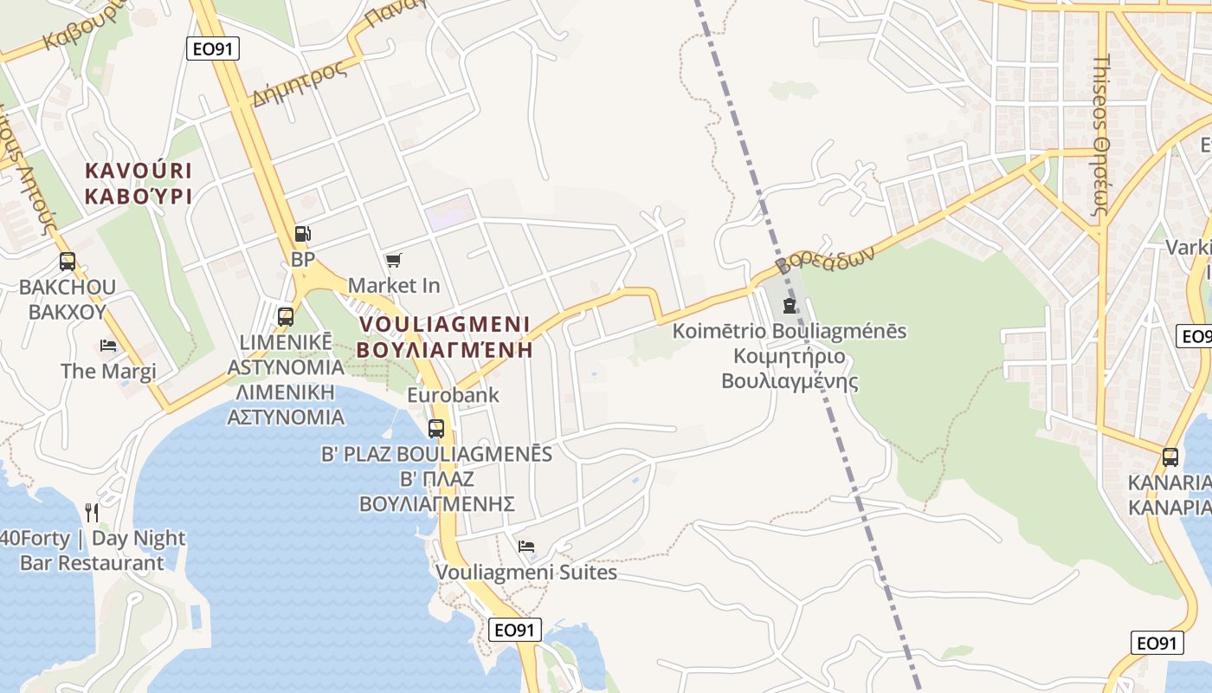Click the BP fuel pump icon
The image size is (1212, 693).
pos(302,233)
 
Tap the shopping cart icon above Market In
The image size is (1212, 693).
pos(394,260)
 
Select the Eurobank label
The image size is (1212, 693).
pos(454,395)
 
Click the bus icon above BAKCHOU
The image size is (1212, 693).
pos(67,261)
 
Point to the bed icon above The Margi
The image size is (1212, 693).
pos(108,345)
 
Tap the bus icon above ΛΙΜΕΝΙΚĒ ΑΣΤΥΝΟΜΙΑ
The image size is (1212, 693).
pos(286,317)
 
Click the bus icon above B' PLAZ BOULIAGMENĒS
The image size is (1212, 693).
pos(436,428)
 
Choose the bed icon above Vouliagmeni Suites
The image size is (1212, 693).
pos(525,546)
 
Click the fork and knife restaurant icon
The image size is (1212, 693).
pos(92,513)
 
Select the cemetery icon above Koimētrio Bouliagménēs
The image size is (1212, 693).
pos(789,305)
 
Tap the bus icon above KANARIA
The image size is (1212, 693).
pos(1170,457)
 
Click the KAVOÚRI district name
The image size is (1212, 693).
pos(139,171)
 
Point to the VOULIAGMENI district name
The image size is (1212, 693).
pos(444,324)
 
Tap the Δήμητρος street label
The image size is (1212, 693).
pos(299,84)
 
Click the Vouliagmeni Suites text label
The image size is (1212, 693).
pos(526,573)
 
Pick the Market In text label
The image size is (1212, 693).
pos(394,285)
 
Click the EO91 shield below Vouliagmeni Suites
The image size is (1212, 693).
pos(516,630)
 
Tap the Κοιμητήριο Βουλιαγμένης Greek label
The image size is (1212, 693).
pos(790,368)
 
